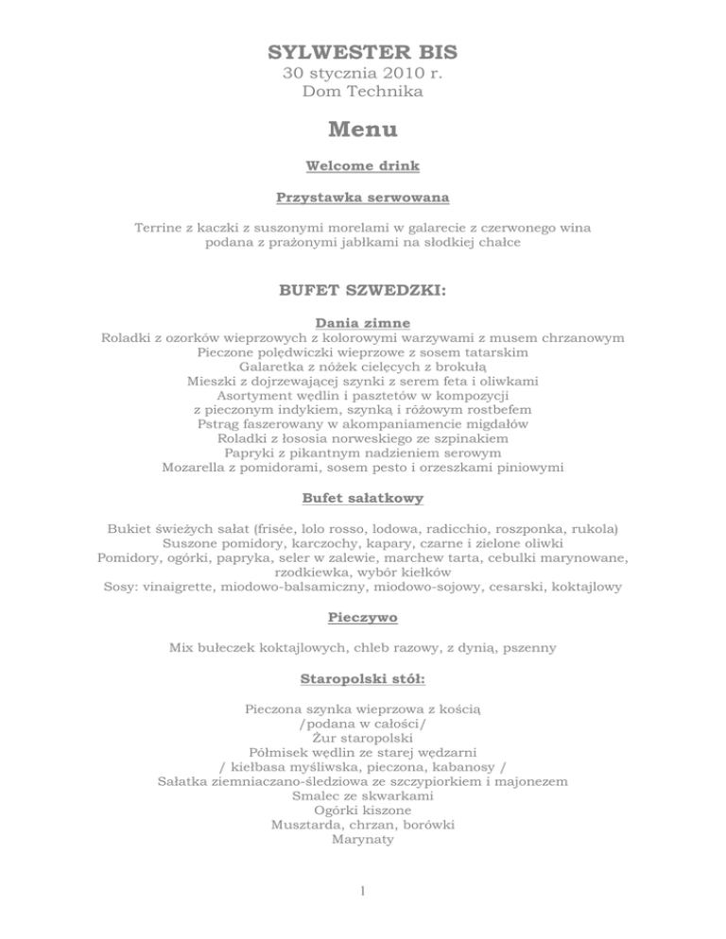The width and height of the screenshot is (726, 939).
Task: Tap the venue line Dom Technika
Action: click(363, 92)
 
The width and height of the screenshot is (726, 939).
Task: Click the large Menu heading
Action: click(363, 128)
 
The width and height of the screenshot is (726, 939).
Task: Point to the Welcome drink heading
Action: click(363, 165)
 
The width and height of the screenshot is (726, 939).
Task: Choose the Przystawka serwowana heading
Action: click(363, 197)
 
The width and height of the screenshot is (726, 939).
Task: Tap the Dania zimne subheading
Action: click(363, 322)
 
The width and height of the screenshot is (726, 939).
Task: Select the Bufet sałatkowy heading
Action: click(363, 497)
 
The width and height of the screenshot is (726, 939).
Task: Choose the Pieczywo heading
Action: click(363, 617)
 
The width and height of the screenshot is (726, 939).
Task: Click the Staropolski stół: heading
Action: click(363, 678)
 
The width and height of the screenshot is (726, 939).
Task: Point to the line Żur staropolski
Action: click(363, 736)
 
